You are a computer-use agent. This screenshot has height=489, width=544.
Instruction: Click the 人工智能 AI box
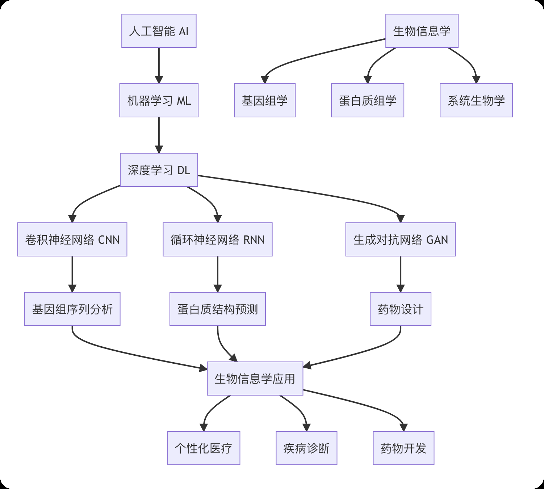click(159, 31)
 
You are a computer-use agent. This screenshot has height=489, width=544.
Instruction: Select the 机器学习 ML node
click(159, 100)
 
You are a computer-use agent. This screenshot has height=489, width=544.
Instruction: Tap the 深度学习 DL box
click(159, 170)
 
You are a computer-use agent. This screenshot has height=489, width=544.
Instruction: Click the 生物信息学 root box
click(422, 31)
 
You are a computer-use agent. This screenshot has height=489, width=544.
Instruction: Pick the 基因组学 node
click(264, 100)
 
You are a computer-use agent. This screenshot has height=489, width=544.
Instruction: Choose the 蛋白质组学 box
click(367, 100)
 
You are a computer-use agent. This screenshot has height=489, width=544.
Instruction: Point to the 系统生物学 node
click(476, 100)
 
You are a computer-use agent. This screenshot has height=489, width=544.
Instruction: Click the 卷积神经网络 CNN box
click(72, 239)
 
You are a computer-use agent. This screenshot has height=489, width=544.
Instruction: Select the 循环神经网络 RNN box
click(217, 239)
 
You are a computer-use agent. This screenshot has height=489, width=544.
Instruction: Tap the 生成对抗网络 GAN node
click(400, 239)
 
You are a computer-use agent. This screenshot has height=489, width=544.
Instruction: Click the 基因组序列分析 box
click(72, 309)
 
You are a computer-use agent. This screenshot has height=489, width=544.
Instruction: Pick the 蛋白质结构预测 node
click(217, 309)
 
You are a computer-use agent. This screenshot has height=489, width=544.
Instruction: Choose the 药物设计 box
click(400, 309)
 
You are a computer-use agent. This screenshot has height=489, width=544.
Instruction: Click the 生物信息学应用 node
click(255, 379)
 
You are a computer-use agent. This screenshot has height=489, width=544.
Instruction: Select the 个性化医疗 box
click(204, 448)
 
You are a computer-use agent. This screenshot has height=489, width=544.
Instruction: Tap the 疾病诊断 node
click(306, 448)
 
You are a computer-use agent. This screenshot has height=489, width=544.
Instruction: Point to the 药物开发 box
click(403, 448)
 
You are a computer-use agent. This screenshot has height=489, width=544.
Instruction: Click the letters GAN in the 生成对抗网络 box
click(437, 240)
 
